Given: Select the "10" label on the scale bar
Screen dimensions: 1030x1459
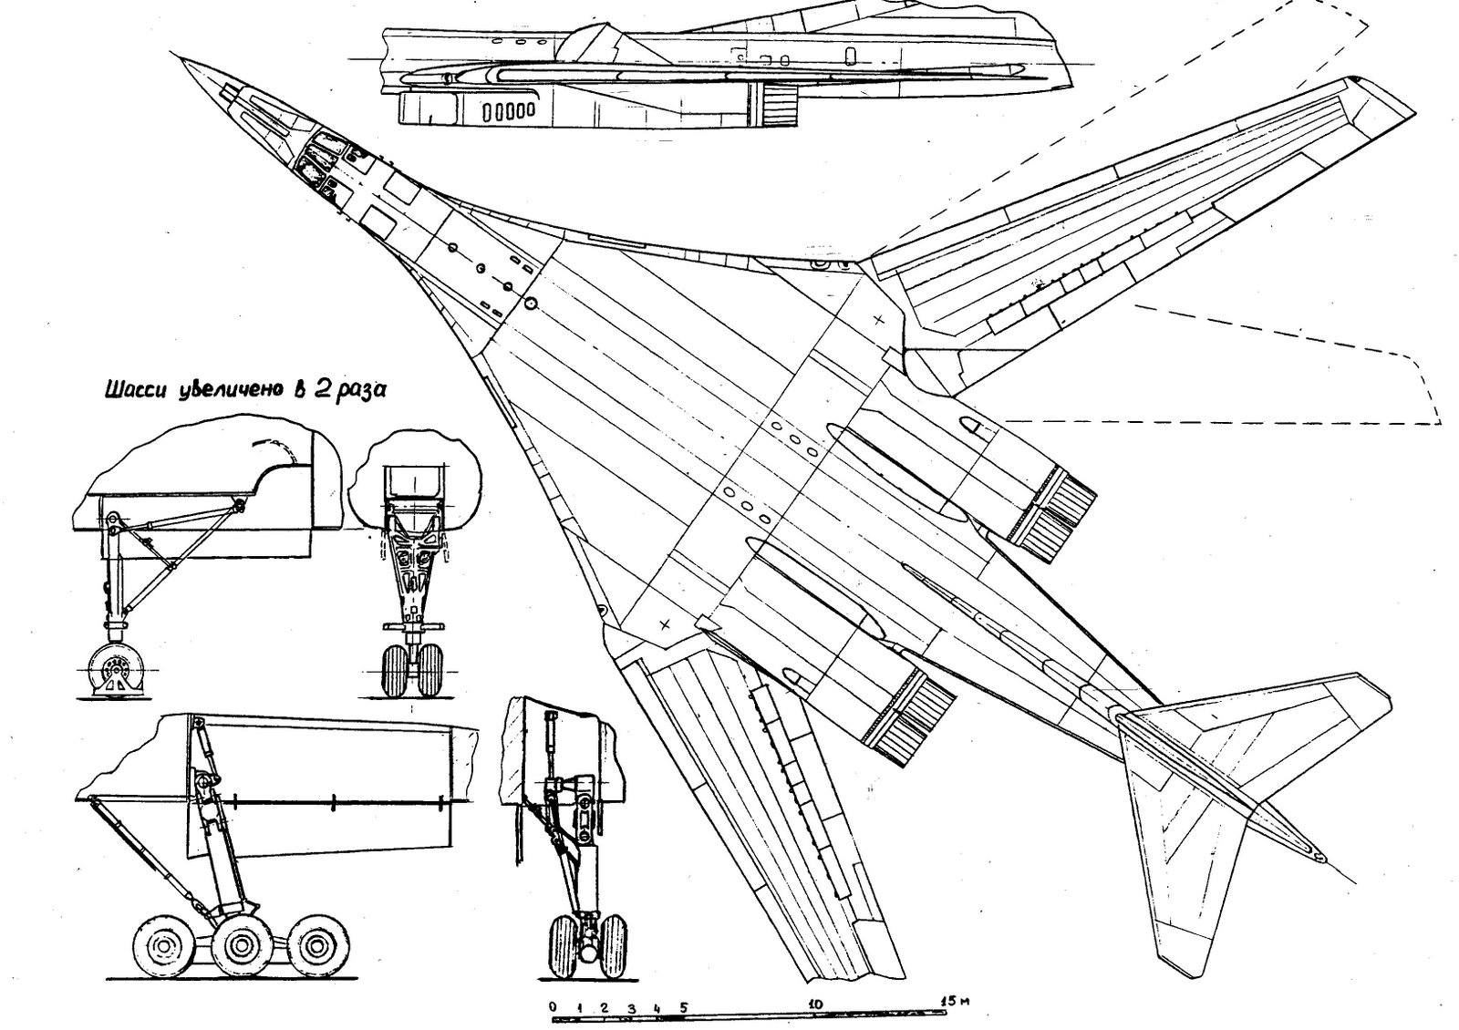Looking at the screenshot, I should (814, 999).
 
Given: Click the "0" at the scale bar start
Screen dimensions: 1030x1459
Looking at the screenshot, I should (554, 999).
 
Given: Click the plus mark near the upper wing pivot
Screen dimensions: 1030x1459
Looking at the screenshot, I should (878, 320).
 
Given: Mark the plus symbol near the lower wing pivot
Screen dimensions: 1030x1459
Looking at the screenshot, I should (665, 624).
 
